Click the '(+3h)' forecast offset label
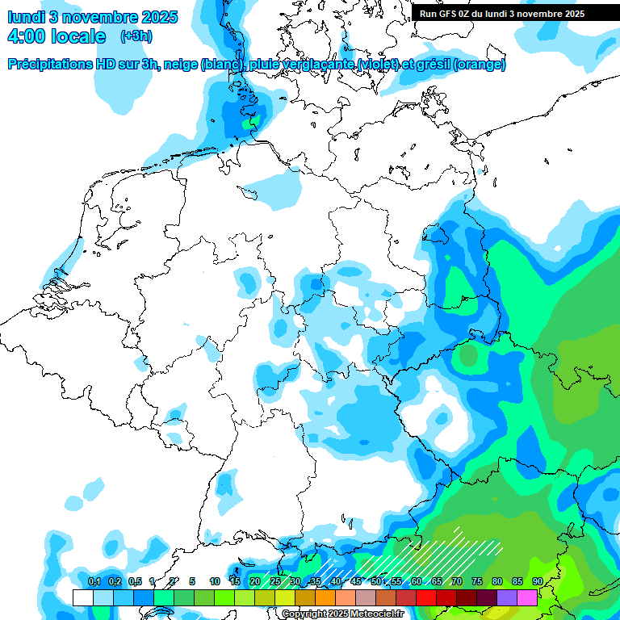point(136,36)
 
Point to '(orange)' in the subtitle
point(480,65)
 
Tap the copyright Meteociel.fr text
point(343,614)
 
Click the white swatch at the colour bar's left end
point(82,597)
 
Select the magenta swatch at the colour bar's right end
point(527,597)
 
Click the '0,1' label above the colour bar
point(94,582)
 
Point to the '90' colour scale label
point(537,582)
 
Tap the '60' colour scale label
point(416,582)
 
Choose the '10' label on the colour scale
point(214,582)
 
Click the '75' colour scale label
point(476,582)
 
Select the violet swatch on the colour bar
point(507,597)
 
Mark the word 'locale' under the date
point(78,36)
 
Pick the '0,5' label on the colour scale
point(135,582)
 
